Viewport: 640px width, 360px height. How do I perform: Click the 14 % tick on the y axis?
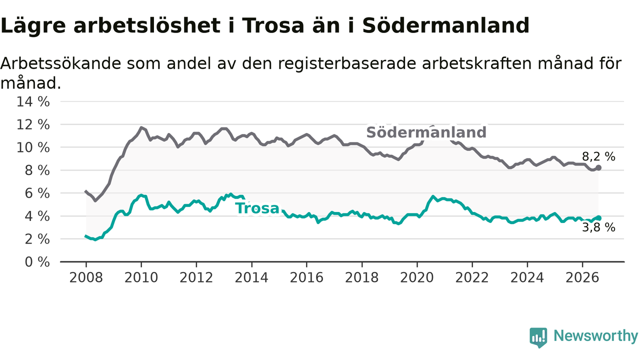33,101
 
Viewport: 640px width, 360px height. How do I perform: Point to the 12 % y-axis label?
33,125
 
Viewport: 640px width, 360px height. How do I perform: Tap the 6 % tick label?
37,193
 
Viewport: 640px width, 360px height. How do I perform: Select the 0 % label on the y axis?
37,262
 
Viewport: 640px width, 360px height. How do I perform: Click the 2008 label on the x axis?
86,277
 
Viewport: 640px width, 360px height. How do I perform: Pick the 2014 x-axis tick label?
251,277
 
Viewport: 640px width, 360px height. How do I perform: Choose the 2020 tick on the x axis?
417,277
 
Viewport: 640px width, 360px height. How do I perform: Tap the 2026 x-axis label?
582,277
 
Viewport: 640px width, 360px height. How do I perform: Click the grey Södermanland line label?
426,132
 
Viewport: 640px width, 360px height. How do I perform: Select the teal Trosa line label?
257,208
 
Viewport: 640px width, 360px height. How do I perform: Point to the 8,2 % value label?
598,156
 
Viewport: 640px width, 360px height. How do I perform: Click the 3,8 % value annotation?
598,227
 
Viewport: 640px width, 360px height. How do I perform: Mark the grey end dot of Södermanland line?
598,168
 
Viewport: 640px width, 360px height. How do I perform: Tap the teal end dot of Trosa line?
598,218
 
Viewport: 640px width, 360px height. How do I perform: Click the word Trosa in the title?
273,25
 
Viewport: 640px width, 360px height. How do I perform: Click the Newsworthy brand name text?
595,336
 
